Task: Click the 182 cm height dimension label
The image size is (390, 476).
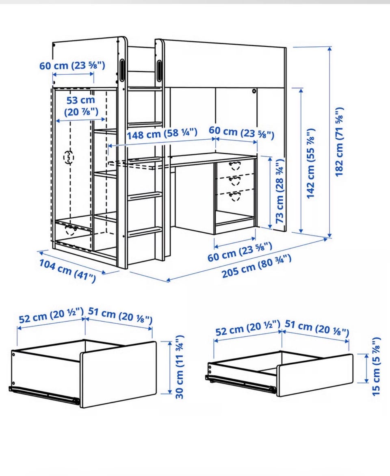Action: pyautogui.click(x=339, y=142)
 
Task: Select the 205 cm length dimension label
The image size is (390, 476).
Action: pyautogui.click(x=256, y=266)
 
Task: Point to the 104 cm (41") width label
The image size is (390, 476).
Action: pyautogui.click(x=67, y=271)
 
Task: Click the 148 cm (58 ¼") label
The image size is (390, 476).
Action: pyautogui.click(x=162, y=134)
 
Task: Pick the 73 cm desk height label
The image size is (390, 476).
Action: pyautogui.click(x=279, y=191)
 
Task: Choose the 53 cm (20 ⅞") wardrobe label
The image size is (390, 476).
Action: pyautogui.click(x=81, y=106)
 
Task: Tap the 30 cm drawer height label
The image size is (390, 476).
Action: pyautogui.click(x=180, y=367)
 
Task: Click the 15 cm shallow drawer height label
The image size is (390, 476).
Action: pyautogui.click(x=376, y=366)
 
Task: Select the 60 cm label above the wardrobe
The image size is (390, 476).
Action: pyautogui.click(x=72, y=65)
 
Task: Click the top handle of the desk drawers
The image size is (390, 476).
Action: pyautogui.click(x=235, y=165)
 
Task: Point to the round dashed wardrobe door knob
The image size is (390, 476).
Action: pyautogui.click(x=69, y=158)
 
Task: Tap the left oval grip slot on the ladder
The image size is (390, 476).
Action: pyautogui.click(x=122, y=70)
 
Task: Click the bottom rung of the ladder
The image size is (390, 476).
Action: pyautogui.click(x=145, y=232)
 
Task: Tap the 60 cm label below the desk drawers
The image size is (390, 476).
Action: pyautogui.click(x=240, y=252)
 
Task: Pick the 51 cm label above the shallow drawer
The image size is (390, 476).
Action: pyautogui.click(x=317, y=328)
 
